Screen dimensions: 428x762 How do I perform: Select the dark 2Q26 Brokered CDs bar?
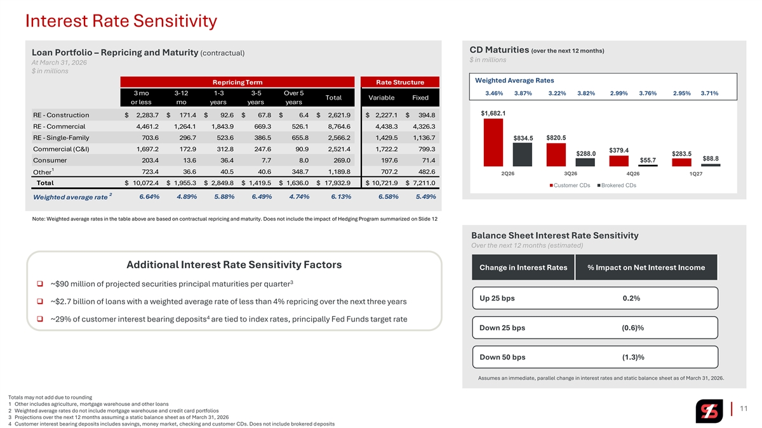coord(522,154)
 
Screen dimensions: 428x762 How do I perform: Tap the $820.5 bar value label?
coord(556,138)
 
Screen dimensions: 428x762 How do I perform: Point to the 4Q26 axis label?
coord(632,174)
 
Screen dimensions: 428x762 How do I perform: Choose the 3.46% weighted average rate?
coord(494,93)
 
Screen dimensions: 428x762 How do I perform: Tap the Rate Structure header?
coord(401,82)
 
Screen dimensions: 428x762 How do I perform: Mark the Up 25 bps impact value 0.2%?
coord(631,299)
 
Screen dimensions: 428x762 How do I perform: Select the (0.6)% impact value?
coord(632,328)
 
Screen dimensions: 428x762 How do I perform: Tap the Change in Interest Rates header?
coord(523,268)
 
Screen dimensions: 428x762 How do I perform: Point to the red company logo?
coord(708,412)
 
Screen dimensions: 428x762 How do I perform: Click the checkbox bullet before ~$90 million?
coord(39,283)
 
